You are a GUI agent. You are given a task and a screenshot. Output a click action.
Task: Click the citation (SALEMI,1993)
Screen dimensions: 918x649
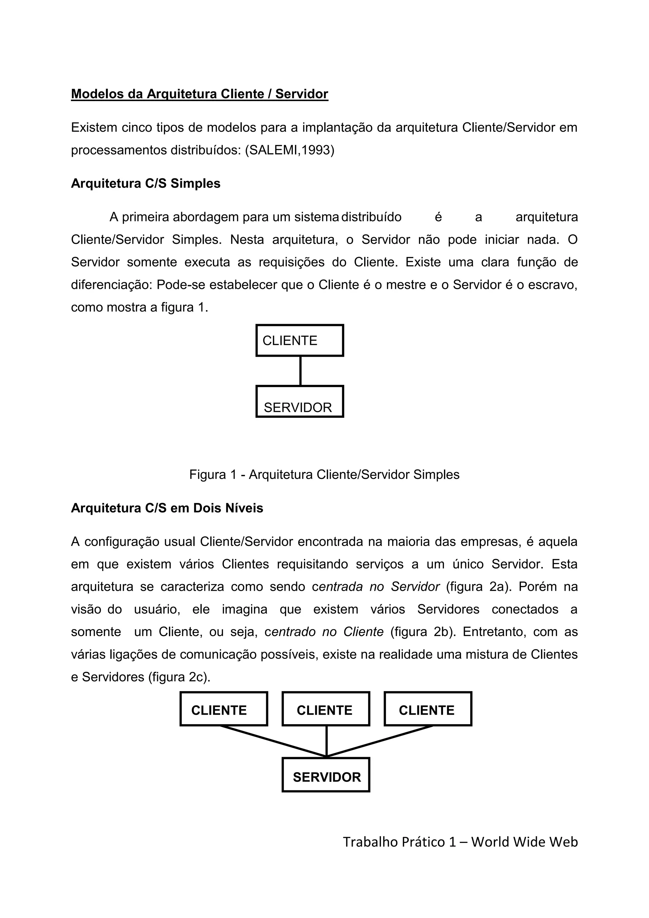(x=290, y=150)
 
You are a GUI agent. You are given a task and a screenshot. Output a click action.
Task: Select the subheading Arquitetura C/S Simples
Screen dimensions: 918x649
(x=145, y=183)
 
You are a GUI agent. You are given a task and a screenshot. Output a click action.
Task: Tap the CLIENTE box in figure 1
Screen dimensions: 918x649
(x=299, y=340)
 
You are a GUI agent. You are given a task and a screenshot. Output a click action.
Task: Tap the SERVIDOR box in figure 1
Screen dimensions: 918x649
(x=299, y=402)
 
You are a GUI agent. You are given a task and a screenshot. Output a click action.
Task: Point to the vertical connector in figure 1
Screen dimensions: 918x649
(x=300, y=371)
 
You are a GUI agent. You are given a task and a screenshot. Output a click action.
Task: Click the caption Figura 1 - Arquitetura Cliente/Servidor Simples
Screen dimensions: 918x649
(x=324, y=475)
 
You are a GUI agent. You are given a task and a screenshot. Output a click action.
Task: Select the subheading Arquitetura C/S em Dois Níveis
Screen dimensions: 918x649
(x=167, y=508)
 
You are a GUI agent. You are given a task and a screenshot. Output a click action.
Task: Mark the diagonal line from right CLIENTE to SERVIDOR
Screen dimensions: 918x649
(x=380, y=741)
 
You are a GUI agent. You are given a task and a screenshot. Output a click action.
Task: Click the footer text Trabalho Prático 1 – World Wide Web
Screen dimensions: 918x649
(x=460, y=842)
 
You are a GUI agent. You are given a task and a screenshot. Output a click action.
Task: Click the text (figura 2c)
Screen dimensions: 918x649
(x=179, y=677)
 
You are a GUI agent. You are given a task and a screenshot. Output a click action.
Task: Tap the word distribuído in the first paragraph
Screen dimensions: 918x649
(x=371, y=217)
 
